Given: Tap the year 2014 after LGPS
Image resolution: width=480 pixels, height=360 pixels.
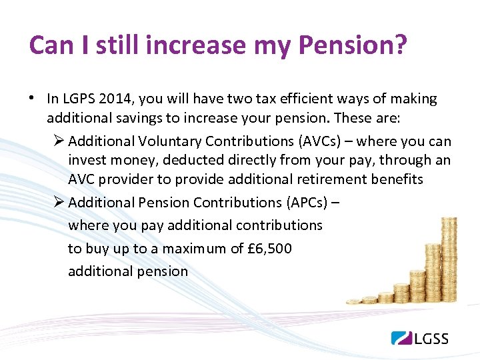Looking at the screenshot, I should coord(113,99).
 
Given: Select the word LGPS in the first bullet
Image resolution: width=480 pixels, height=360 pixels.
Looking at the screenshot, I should coord(79,99).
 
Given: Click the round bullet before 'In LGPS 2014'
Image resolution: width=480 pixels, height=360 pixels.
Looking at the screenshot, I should coord(32,99).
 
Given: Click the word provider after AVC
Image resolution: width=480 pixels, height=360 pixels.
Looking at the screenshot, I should coord(124,179).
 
